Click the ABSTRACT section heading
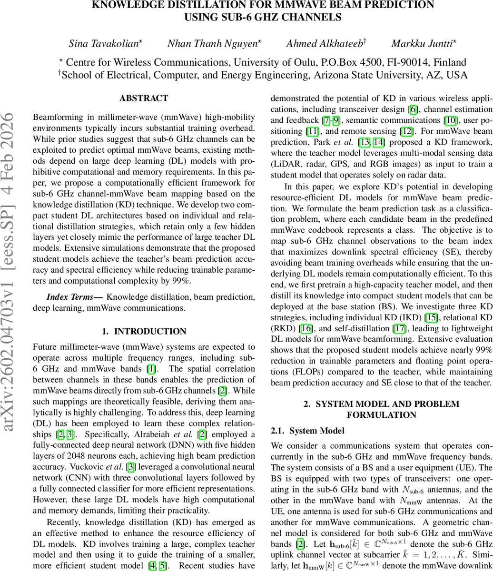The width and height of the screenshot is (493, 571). [x=144, y=98]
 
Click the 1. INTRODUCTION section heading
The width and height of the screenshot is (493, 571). [x=144, y=331]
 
